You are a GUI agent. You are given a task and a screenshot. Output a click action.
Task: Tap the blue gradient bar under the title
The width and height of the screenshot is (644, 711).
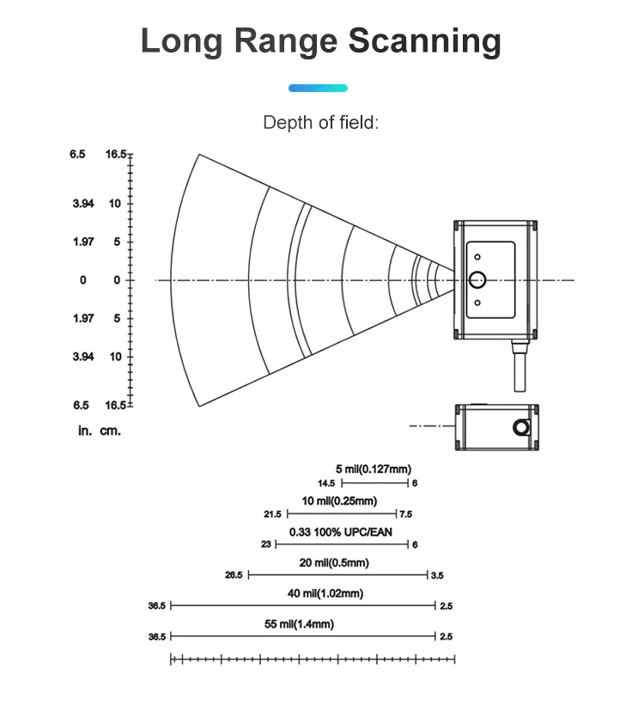point(318,88)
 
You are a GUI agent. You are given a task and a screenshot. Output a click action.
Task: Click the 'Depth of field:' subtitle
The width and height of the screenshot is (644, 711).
point(320,122)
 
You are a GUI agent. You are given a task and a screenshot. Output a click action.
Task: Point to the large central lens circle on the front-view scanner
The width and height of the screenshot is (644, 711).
point(477,279)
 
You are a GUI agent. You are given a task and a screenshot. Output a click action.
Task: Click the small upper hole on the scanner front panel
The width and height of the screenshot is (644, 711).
point(477,257)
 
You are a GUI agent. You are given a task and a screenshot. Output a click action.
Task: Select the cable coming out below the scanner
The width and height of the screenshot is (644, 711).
point(519,365)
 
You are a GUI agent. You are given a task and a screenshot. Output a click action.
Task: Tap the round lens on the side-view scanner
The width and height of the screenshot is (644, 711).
point(521,427)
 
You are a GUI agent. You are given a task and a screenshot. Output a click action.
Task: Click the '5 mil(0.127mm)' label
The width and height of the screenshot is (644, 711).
point(374,469)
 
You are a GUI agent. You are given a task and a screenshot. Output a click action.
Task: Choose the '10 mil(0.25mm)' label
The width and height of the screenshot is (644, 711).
point(339,500)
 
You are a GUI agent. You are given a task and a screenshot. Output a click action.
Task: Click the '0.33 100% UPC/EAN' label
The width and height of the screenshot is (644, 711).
point(341,532)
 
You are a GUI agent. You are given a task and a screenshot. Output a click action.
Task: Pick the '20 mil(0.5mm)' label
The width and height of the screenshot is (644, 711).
point(334,563)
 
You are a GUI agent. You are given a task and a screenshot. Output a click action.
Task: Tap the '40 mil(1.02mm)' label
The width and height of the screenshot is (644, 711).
point(325,593)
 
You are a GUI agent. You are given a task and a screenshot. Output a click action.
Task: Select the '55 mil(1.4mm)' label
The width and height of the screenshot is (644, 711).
point(299,624)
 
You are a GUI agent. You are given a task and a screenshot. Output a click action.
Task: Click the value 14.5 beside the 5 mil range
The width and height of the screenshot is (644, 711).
point(326,483)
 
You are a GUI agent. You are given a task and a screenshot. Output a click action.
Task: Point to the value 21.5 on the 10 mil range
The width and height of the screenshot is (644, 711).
point(273,514)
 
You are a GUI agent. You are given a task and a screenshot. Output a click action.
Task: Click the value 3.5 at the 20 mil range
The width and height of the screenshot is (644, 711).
point(437,575)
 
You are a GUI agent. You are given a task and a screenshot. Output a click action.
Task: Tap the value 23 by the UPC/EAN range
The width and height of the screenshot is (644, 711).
point(266,544)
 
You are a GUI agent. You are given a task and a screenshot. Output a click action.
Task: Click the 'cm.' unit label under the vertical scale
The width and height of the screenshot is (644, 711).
point(111,431)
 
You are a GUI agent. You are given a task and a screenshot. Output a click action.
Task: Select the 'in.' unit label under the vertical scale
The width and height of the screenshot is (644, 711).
point(85,431)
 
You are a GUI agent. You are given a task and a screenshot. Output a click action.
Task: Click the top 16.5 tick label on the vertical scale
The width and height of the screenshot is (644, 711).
point(116,154)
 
